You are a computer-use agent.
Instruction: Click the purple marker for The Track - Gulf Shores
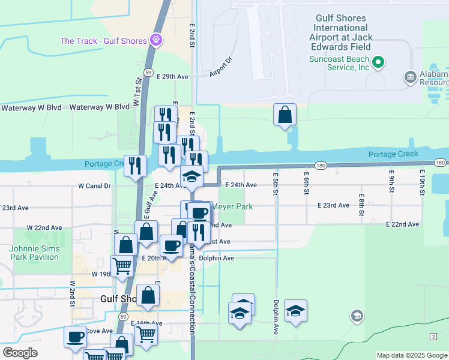tap(156, 41)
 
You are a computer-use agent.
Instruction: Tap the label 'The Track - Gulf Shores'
tap(104, 41)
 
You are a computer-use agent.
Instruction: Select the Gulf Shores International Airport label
tap(340, 28)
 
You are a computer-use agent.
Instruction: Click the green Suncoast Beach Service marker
tap(378, 62)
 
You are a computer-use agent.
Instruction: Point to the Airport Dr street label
tap(220, 67)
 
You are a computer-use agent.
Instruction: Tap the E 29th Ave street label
tap(173, 77)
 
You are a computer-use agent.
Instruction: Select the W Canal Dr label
tap(95, 186)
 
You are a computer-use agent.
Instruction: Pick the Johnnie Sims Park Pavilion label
tap(34, 253)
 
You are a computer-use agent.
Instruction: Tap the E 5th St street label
tap(276, 181)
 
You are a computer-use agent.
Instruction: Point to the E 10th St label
tap(422, 181)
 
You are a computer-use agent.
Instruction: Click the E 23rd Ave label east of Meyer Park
tap(333, 205)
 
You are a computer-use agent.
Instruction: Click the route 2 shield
tap(433, 336)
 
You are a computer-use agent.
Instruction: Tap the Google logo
tap(20, 353)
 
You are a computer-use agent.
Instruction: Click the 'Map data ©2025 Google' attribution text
tap(412, 355)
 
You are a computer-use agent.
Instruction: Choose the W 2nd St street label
tap(72, 291)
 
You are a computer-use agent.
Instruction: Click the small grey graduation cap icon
tap(357, 316)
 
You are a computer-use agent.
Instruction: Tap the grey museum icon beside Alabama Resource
tap(411, 77)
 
